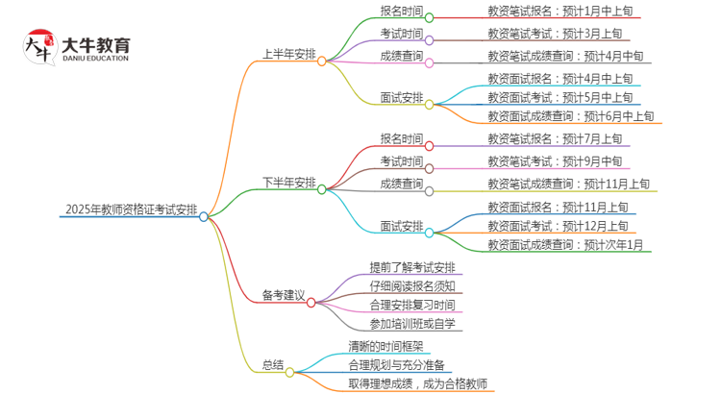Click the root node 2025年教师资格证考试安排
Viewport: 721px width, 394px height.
[130, 209]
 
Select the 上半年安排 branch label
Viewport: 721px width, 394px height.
[288, 54]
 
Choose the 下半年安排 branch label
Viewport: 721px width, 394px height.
[288, 183]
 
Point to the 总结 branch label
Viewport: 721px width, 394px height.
[273, 365]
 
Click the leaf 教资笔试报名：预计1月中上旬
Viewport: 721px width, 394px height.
[559, 12]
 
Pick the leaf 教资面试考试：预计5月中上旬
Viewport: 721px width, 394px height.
[559, 97]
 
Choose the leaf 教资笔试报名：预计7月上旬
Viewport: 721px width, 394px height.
[554, 139]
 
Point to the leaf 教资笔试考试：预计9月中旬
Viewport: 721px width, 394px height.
[554, 160]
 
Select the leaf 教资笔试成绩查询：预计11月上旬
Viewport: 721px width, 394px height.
[567, 183]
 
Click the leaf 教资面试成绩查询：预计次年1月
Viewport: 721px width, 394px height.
[565, 245]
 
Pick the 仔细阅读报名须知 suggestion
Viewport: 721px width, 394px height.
[412, 286]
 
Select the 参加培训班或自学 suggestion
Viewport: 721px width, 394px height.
[412, 325]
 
